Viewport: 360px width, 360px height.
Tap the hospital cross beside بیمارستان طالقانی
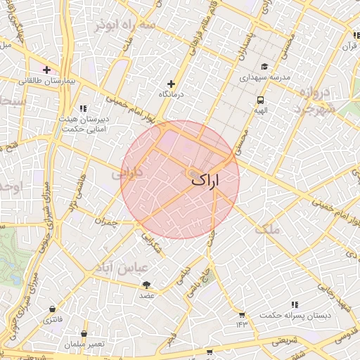click(46, 70)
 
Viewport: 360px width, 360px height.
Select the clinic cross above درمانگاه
click(171, 84)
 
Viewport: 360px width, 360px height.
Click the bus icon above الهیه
click(261, 101)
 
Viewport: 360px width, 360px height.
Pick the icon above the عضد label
click(146, 285)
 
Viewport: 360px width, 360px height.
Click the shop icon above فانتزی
click(53, 309)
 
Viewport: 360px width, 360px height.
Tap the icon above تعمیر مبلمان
click(84, 334)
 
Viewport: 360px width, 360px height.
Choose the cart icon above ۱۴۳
click(242, 314)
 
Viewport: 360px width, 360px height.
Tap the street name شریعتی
click(285, 341)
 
